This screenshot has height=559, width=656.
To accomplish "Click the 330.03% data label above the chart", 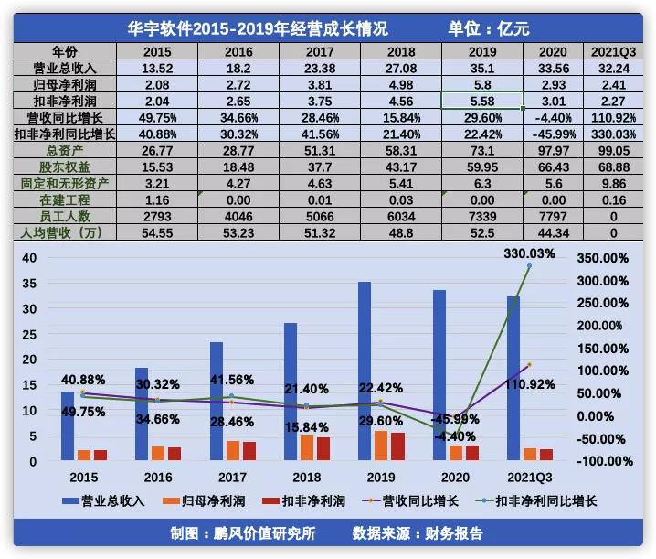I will (529, 253).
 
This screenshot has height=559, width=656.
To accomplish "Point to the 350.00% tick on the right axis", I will (604, 258).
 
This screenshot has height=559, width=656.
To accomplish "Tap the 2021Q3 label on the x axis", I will (524, 478).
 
